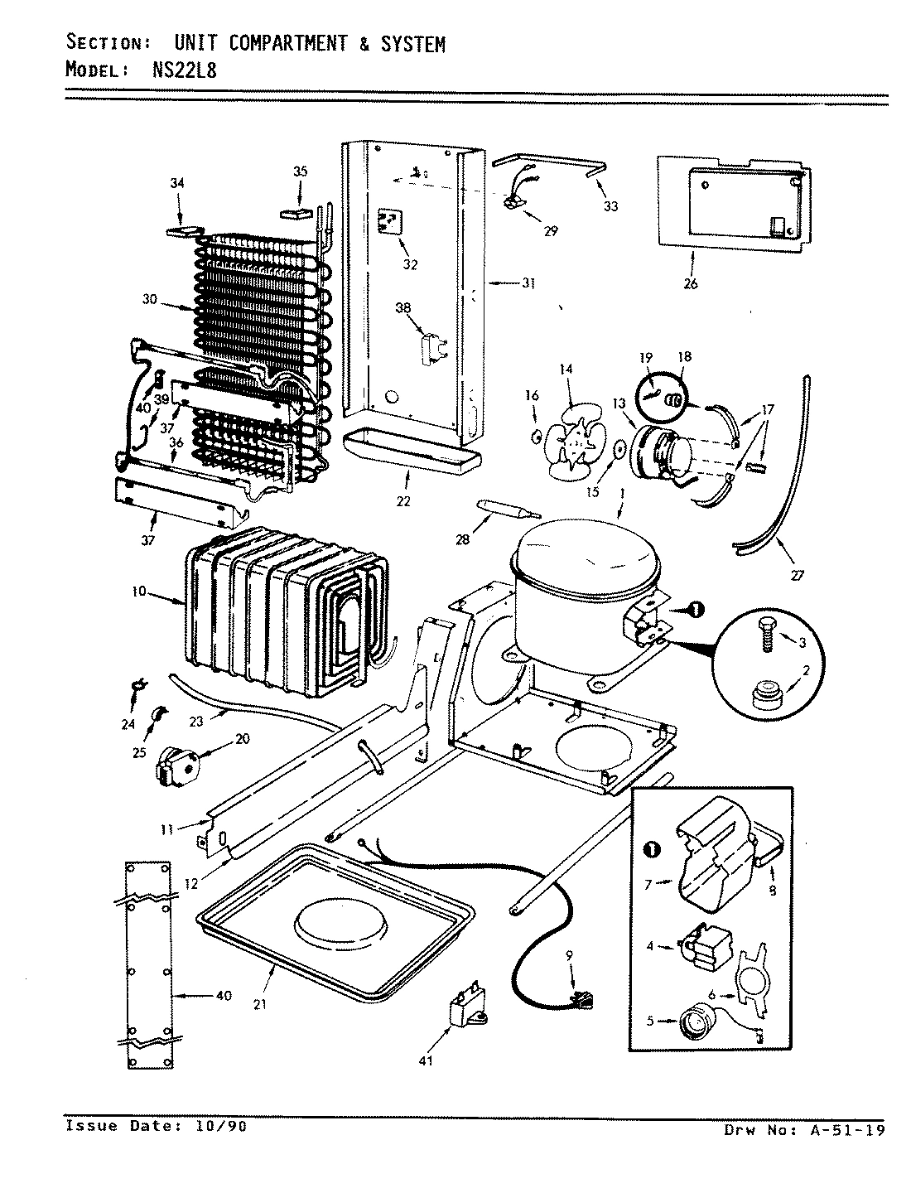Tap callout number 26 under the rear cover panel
click(691, 283)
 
